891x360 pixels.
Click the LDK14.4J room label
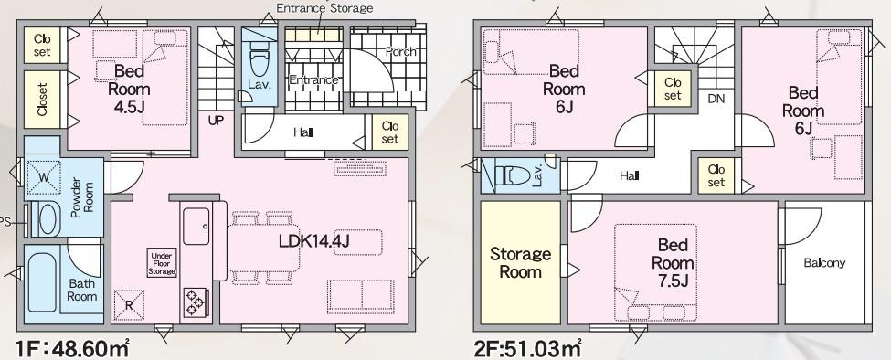pyautogui.click(x=313, y=241)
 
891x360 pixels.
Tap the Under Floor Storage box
pyautogui.click(x=162, y=264)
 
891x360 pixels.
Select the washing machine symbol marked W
pyautogui.click(x=45, y=176)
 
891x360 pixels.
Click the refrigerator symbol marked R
pyautogui.click(x=129, y=305)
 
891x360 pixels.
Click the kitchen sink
pyautogui.click(x=196, y=227)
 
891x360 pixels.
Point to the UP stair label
pyautogui.click(x=216, y=120)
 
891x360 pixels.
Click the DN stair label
pyautogui.click(x=716, y=99)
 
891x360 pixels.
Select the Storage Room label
pyautogui.click(x=521, y=262)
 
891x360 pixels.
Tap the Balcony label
pyautogui.click(x=824, y=263)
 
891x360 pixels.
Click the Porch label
pyautogui.click(x=400, y=52)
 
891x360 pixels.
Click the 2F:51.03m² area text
pyautogui.click(x=526, y=347)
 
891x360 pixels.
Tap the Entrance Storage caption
pyautogui.click(x=324, y=8)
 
